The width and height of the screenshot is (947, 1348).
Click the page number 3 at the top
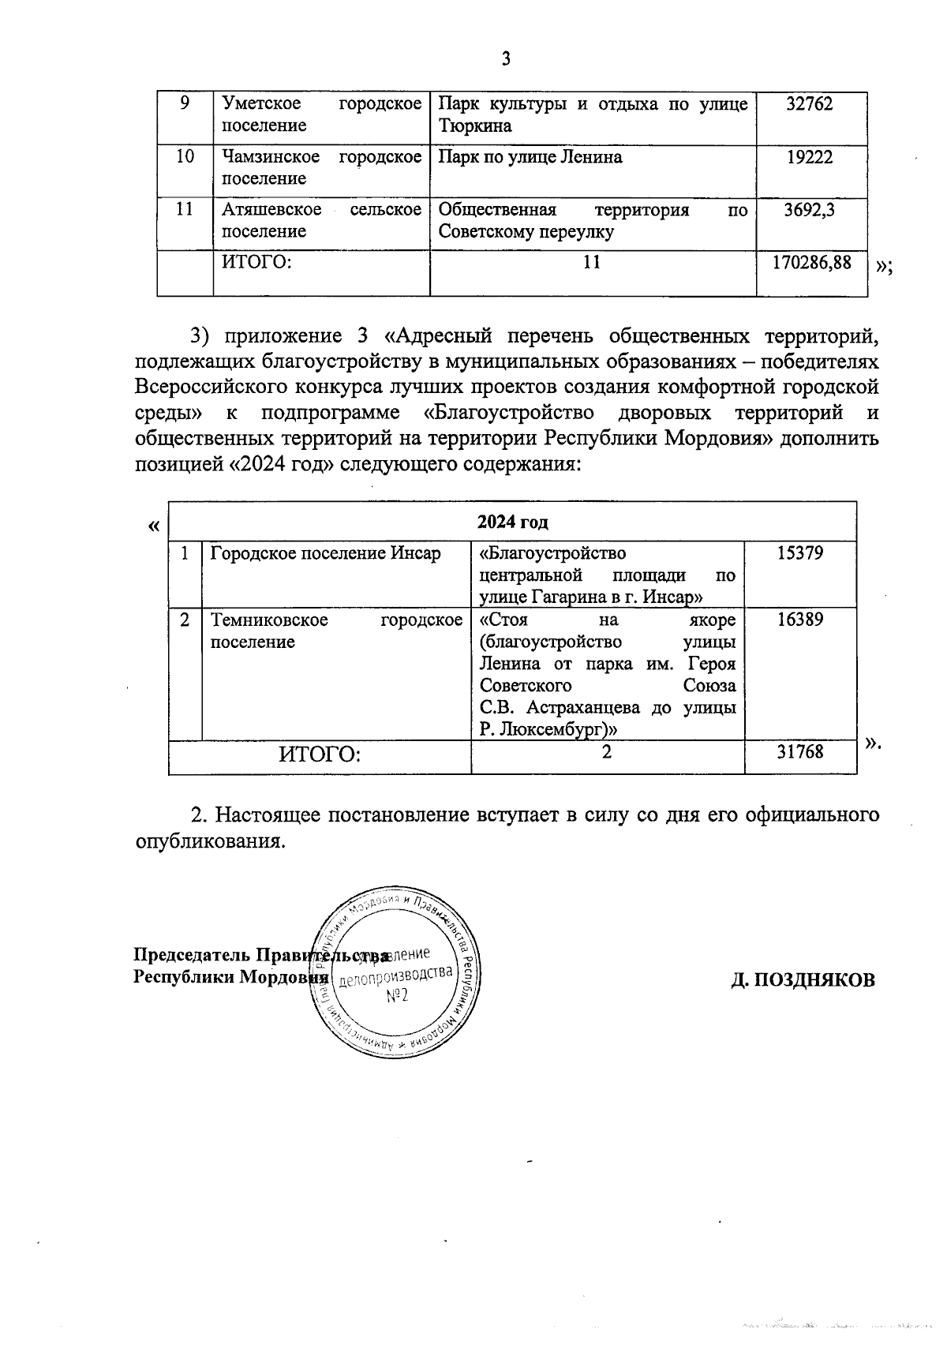pyautogui.click(x=506, y=59)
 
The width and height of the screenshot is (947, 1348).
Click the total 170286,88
pyautogui.click(x=812, y=262)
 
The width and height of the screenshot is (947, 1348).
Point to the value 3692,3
pyautogui.click(x=810, y=210)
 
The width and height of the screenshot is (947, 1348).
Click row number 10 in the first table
pyautogui.click(x=185, y=156)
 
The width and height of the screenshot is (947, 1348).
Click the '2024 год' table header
pyautogui.click(x=512, y=522)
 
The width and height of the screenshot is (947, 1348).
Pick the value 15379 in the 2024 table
pyautogui.click(x=799, y=552)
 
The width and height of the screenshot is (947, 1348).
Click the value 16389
pyautogui.click(x=799, y=619)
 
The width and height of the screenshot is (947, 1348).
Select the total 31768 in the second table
pyautogui.click(x=799, y=752)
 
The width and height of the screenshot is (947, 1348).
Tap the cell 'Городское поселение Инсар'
pyautogui.click(x=325, y=552)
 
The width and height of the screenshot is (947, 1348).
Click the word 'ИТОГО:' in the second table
pyautogui.click(x=320, y=755)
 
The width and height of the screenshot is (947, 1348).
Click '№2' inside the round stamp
pyautogui.click(x=396, y=996)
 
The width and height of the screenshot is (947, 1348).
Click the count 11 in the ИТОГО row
pyautogui.click(x=592, y=262)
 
